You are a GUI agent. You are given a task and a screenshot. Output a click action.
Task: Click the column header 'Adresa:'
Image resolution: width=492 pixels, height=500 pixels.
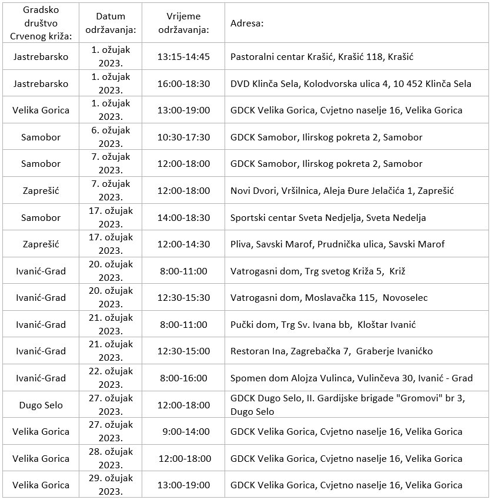point(246,24)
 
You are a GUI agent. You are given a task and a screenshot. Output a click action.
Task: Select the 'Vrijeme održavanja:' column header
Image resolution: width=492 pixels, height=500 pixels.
point(183,24)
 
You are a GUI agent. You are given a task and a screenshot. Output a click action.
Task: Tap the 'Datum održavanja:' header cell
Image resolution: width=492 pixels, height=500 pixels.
point(111,24)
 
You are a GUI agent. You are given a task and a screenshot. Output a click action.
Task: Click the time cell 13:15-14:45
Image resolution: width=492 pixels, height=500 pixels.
point(183,57)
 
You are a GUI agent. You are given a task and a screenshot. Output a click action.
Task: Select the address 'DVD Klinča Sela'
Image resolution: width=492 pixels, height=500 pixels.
point(350,83)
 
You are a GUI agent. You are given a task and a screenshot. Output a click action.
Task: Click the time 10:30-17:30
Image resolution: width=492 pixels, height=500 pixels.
point(183,137)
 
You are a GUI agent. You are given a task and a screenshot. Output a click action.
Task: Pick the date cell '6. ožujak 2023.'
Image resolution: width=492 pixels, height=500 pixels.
point(111,137)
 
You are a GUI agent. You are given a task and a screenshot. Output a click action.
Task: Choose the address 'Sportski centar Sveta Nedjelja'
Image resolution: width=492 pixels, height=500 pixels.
point(328,217)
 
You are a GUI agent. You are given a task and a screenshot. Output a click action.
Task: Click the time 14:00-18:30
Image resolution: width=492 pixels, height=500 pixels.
point(183,217)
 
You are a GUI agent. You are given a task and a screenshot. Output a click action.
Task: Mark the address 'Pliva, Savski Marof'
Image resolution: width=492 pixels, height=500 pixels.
point(337,244)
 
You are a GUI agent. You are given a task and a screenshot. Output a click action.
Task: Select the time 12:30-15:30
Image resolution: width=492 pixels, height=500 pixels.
point(183,297)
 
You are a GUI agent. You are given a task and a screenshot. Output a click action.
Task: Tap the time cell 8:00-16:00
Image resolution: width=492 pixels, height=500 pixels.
point(183,378)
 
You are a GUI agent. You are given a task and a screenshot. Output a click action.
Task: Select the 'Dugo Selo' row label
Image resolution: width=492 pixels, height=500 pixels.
point(41,405)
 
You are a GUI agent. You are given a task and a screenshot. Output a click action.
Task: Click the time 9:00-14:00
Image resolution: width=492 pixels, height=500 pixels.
point(183,431)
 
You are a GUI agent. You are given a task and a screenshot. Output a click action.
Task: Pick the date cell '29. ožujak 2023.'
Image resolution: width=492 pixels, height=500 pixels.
point(111,485)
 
